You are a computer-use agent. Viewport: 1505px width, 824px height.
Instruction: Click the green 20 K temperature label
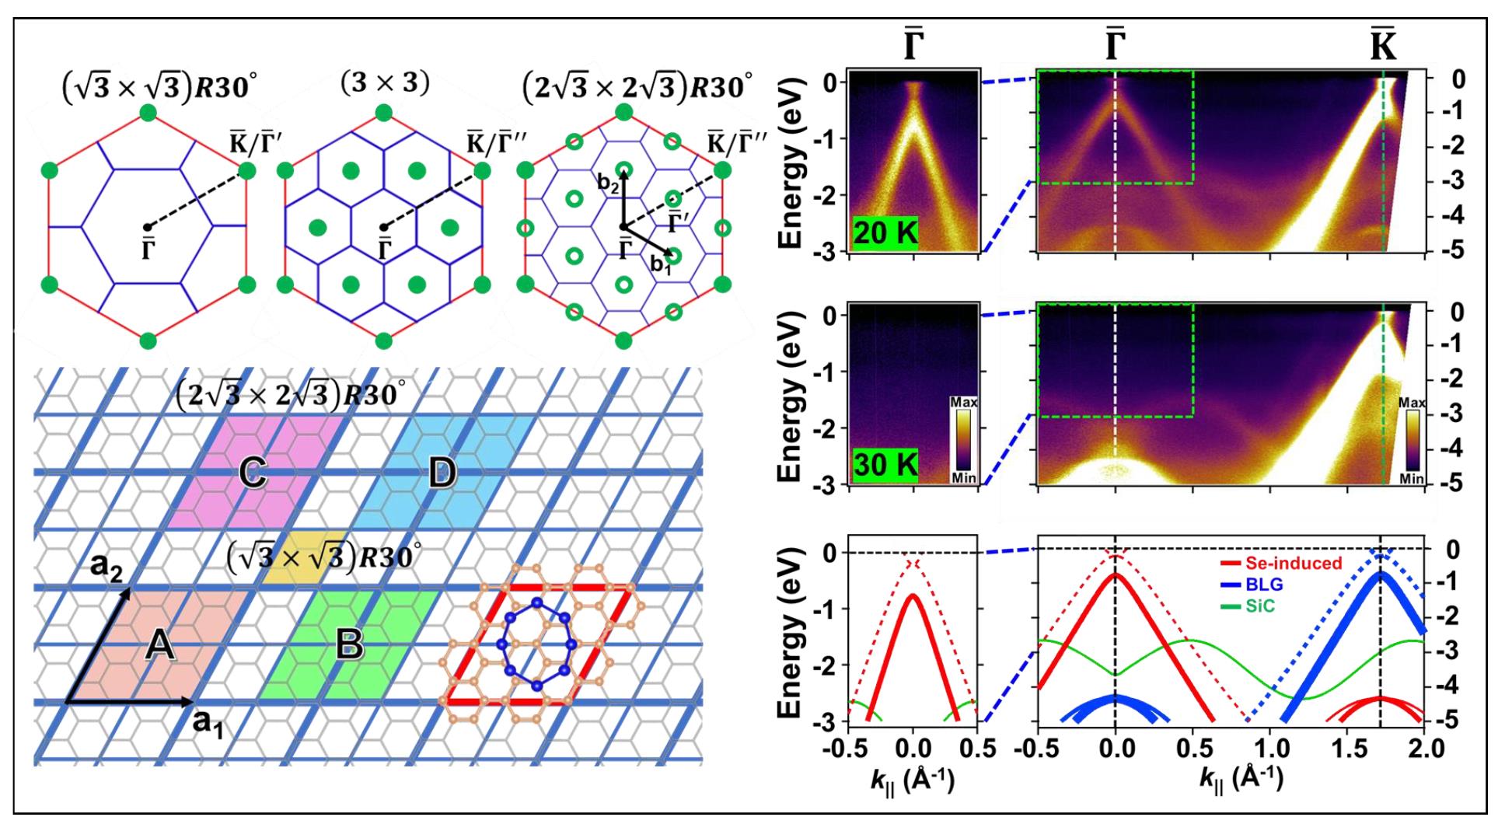click(885, 234)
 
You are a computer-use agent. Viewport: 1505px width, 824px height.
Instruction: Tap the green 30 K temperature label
click(885, 466)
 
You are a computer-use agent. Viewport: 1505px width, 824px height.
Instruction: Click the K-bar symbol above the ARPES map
click(1383, 48)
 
